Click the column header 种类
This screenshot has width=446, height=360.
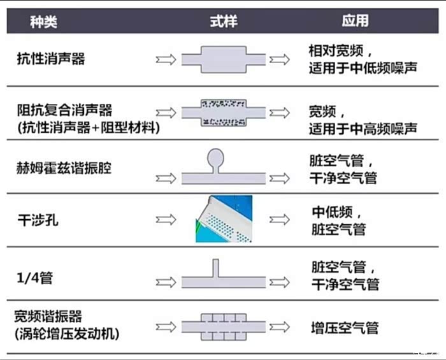click(x=44, y=22)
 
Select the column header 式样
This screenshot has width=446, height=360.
click(x=223, y=22)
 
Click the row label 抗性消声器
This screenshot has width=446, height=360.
click(x=51, y=59)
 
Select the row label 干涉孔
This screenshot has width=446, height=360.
click(x=38, y=219)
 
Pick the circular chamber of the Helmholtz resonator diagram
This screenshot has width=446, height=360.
click(x=216, y=157)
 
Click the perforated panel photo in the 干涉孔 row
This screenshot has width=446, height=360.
click(x=224, y=219)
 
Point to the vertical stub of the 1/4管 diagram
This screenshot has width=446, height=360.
click(x=215, y=268)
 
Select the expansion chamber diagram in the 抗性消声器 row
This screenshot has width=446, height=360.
click(x=224, y=59)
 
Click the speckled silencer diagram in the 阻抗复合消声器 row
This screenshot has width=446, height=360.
click(x=224, y=113)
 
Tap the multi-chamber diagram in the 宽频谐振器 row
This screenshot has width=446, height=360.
click(x=223, y=326)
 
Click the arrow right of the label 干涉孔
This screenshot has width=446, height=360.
click(x=166, y=219)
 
